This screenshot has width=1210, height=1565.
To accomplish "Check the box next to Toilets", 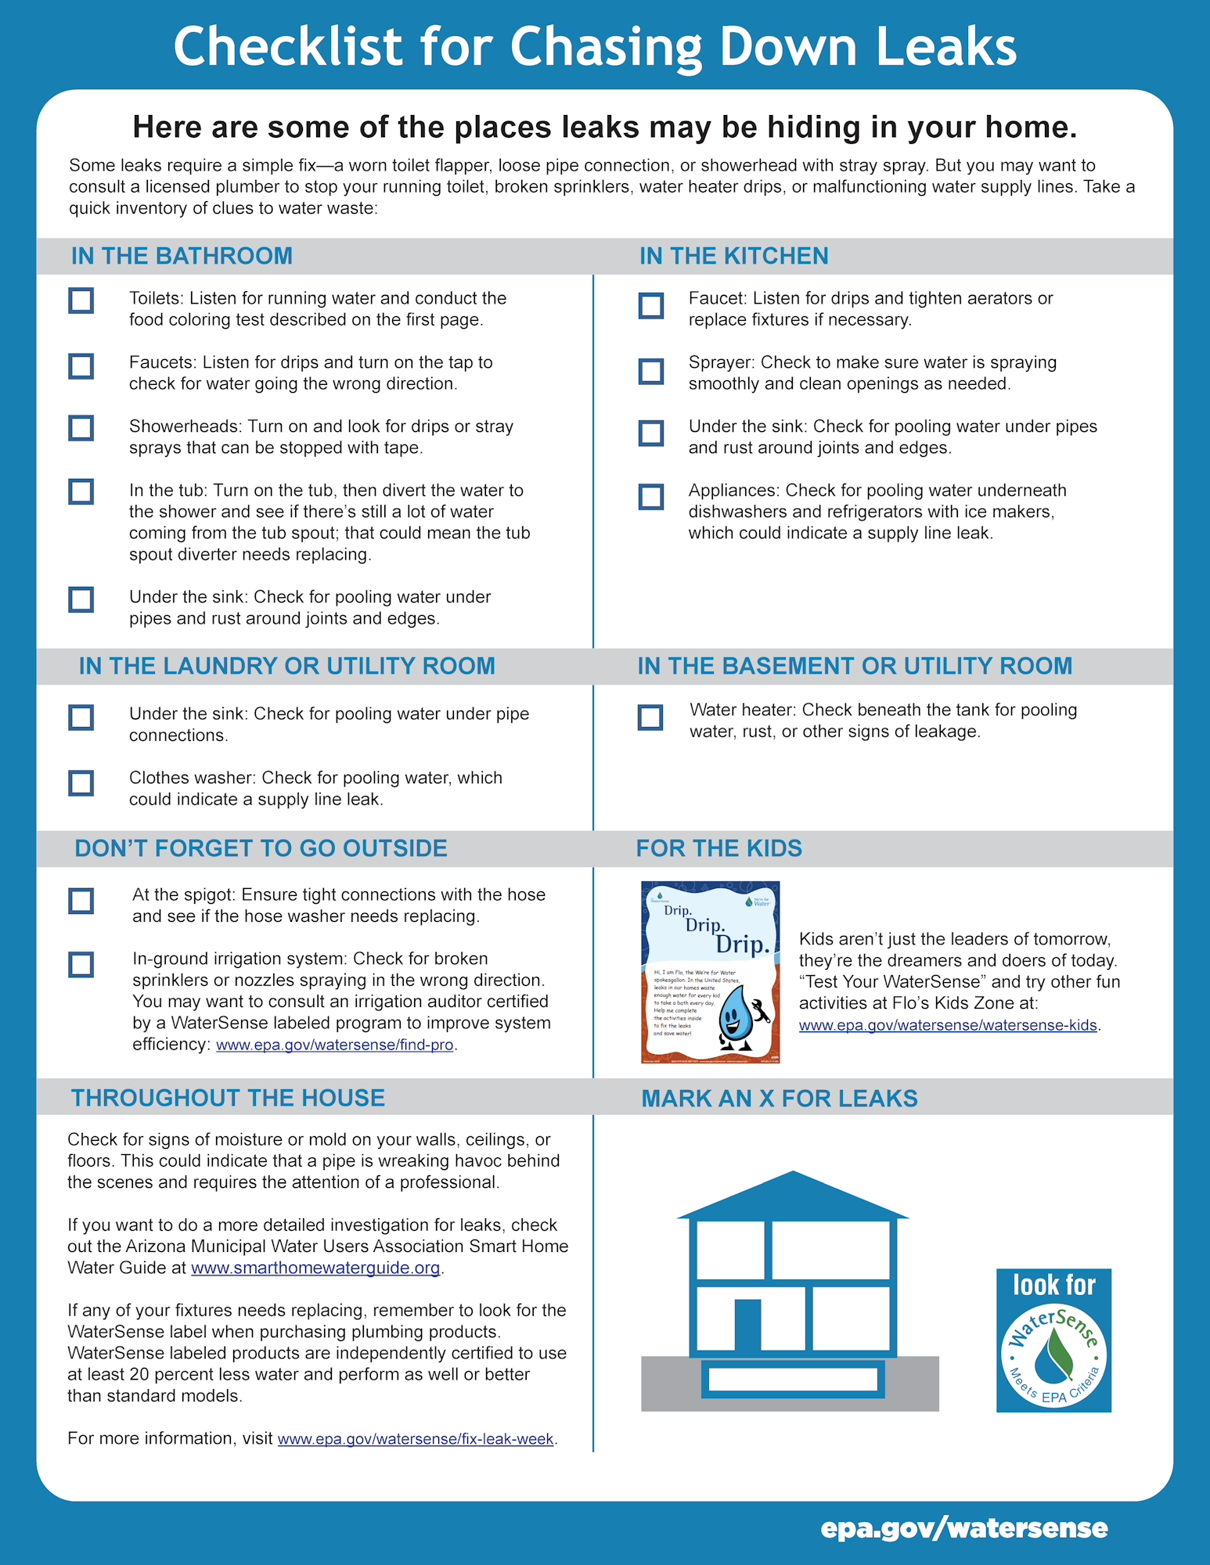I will point(81,300).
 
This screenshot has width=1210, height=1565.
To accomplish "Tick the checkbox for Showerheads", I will point(81,428).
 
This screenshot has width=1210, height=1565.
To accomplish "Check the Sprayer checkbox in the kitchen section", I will point(651,371).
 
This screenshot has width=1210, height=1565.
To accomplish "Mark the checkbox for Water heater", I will point(650,717).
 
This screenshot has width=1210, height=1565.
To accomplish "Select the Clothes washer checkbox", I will point(81,782).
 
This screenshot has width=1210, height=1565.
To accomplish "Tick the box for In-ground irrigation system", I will point(81,964).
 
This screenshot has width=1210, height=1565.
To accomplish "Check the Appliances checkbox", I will point(651,496).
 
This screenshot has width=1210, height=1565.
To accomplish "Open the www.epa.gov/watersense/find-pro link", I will point(334,1045).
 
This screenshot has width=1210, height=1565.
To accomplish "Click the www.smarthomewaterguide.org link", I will point(315,1268).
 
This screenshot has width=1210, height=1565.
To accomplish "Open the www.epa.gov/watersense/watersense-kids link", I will point(948,1025).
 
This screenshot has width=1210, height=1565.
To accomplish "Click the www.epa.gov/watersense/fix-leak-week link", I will point(416,1439).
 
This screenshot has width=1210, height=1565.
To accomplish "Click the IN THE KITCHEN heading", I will point(733,256).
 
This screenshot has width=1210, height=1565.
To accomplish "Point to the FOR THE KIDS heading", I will point(718,848).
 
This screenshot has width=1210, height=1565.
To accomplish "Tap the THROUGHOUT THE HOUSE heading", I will point(228,1098).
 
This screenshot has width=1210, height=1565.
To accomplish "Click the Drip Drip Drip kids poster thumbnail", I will point(710,972).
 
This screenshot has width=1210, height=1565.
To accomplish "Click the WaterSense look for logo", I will point(1053,1340).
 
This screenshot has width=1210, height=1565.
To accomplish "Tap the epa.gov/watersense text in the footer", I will point(963,1528).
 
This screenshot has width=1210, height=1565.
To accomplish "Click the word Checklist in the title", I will point(287,47).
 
